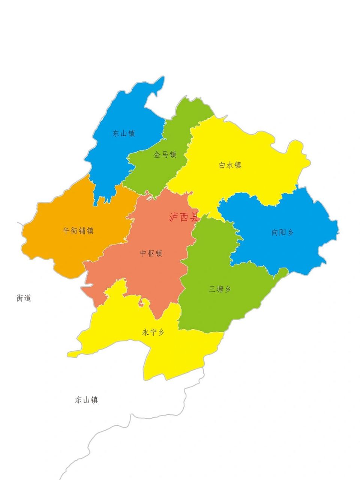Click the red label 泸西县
coord(183,217)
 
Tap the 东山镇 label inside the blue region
coord(123,133)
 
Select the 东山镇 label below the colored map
coord(86,400)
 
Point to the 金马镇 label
coord(165,154)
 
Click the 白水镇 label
coord(230,165)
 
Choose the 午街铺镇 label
coord(78,231)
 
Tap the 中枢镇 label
coord(151,253)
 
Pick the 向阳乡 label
coord(282,232)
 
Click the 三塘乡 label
coord(220,289)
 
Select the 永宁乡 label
coord(153,332)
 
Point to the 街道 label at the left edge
coord(24,298)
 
